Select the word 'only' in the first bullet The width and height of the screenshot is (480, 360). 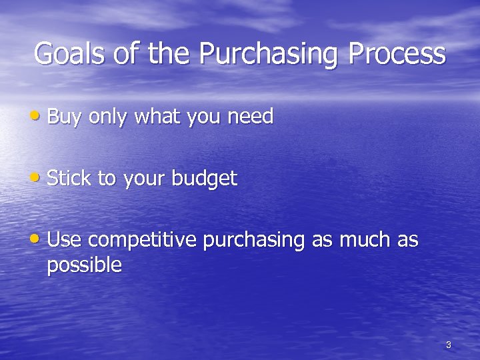pos(108,117)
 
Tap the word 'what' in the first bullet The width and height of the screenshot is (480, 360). pos(157,117)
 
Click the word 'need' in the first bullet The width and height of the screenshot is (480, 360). pos(251,117)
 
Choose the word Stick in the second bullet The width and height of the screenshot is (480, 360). pos(69,178)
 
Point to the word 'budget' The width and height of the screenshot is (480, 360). pos(204,178)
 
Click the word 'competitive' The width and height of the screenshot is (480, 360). pos(142,240)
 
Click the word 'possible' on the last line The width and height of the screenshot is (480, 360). pos(84,266)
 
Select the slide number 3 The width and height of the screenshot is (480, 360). pos(448,345)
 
